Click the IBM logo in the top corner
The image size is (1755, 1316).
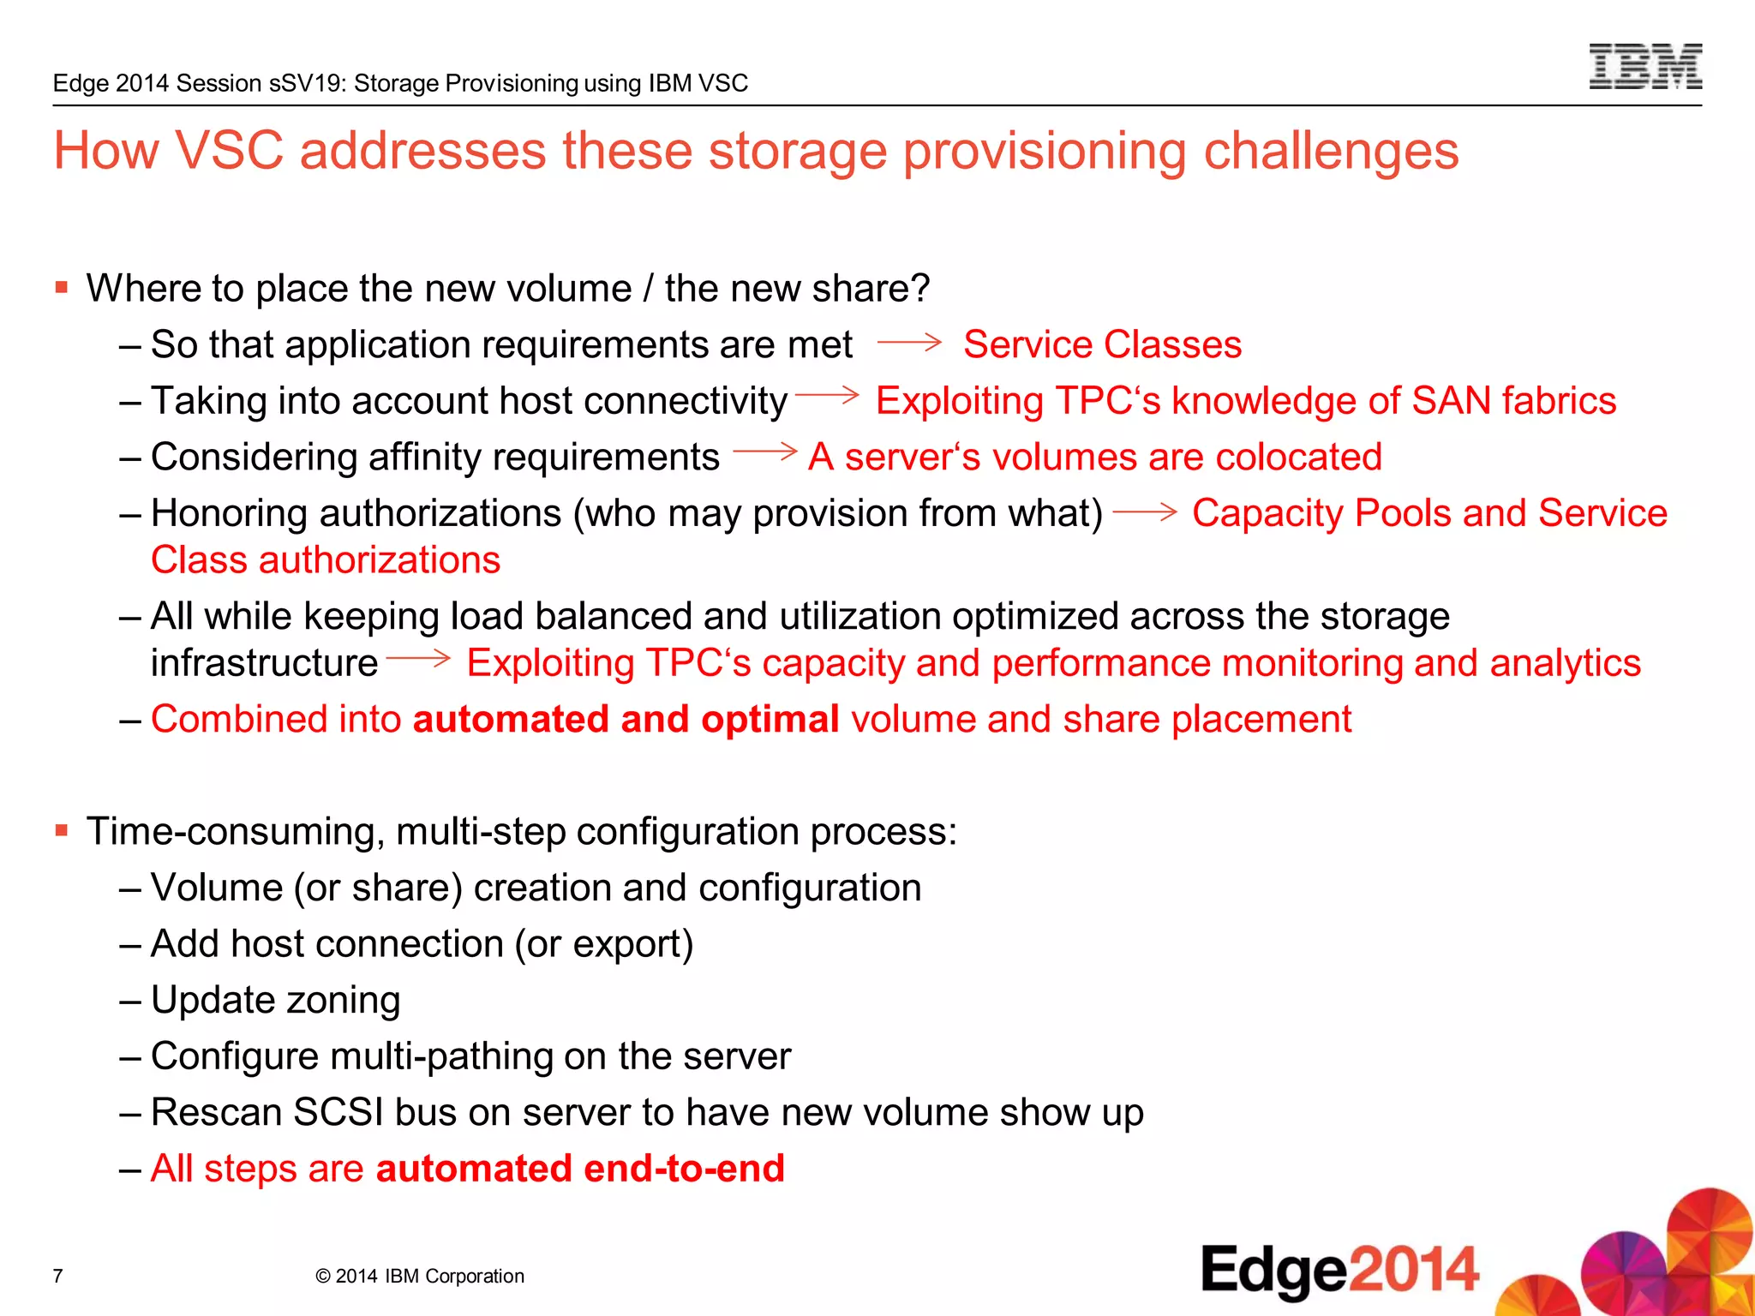(x=1644, y=67)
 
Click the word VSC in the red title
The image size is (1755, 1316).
(x=229, y=151)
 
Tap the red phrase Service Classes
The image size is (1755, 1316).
(x=1102, y=344)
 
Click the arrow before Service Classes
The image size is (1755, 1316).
(x=909, y=343)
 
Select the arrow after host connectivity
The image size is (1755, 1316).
(x=827, y=395)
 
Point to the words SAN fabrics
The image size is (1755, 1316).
(x=1513, y=401)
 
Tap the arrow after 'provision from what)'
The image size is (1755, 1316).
(x=1145, y=511)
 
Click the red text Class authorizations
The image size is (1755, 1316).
(x=326, y=560)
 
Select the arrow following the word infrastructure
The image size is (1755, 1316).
(x=418, y=658)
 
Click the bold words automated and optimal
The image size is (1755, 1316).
(x=626, y=719)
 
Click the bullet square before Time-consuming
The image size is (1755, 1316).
(x=61, y=830)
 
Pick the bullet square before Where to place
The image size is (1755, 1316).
(x=61, y=287)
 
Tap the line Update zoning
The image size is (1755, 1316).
(x=275, y=1000)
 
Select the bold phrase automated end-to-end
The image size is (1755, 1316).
(x=580, y=1169)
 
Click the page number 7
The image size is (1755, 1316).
(x=57, y=1276)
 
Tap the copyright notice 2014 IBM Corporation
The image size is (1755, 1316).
(x=420, y=1276)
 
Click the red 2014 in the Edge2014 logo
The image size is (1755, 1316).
(x=1414, y=1270)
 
